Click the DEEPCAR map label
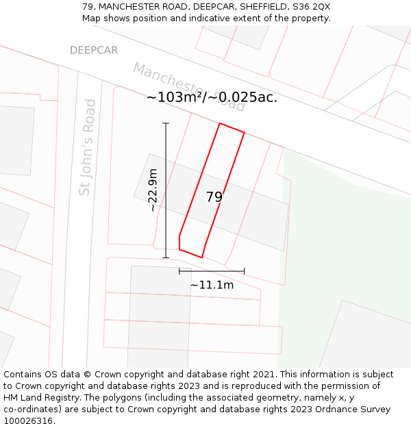tap(94, 51)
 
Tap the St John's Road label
tap(87, 147)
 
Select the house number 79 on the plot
tap(214, 197)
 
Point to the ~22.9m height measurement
tap(153, 190)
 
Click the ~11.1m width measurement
tap(212, 285)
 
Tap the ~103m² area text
tap(175, 97)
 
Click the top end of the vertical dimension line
tap(166, 123)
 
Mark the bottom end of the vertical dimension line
tap(166, 258)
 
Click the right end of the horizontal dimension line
tap(244, 271)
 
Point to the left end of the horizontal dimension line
tap(179, 271)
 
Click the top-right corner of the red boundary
tap(244, 132)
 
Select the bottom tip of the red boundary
tap(202, 257)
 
